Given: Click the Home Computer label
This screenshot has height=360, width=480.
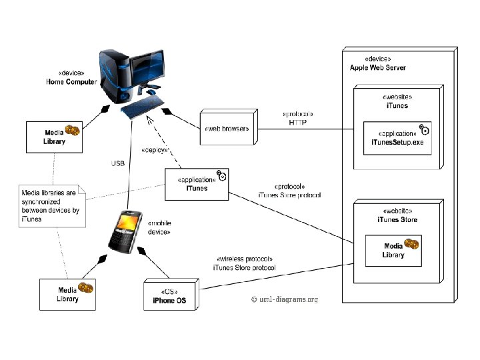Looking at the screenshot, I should (x=71, y=81).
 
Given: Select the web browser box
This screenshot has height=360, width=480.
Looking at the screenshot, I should (x=228, y=129).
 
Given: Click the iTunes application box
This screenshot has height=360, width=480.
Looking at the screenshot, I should (x=197, y=184).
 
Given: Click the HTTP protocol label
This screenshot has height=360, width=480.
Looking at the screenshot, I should (x=298, y=123).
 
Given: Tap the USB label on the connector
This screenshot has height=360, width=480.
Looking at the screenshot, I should (x=119, y=163).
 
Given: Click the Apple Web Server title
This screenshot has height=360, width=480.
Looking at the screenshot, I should (x=377, y=68).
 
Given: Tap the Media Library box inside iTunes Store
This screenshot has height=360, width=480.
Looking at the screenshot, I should (x=393, y=251).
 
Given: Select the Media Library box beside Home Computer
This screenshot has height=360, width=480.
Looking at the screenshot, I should (x=54, y=137).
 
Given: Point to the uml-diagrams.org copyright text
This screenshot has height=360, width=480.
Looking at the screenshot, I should (x=285, y=300).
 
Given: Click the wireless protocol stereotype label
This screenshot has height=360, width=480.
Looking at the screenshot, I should (x=245, y=259).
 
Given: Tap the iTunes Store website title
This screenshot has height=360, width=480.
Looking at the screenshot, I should (x=392, y=219).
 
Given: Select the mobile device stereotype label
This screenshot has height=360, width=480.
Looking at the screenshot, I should (x=159, y=227).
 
